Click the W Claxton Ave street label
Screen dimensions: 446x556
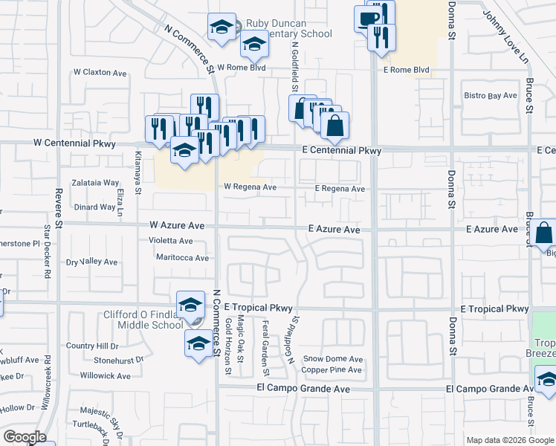tap(102, 73)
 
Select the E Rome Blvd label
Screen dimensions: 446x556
tap(407, 71)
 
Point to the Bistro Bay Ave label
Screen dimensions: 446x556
tap(491, 96)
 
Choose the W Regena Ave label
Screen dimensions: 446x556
tap(250, 187)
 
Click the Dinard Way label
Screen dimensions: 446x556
tap(94, 207)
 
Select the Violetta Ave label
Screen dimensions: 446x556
tap(170, 241)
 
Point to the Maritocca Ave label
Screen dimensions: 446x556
tap(182, 258)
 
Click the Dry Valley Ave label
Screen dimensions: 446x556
tap(92, 262)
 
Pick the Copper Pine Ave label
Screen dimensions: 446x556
tap(332, 369)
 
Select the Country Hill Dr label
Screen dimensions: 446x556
tap(92, 346)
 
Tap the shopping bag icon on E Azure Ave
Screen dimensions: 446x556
tap(544, 233)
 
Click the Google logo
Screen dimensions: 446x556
tap(25, 437)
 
